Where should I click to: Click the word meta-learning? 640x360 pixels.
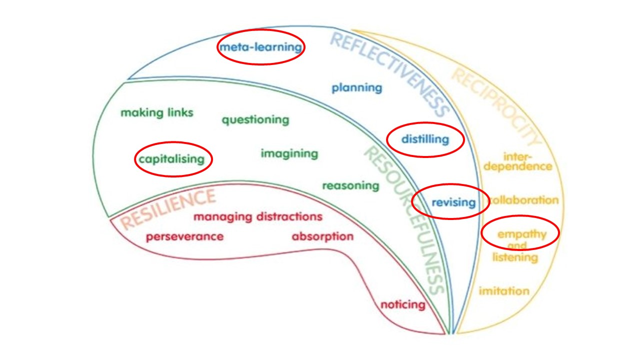tap(260, 47)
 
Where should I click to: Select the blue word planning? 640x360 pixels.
tap(356, 88)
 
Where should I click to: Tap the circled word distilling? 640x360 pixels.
tap(425, 139)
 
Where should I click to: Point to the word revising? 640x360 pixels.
tap(453, 202)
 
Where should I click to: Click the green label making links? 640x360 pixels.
tap(156, 113)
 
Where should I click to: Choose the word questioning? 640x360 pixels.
tap(255, 120)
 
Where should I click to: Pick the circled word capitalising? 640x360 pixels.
tap(171, 159)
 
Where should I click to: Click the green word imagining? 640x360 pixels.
tap(289, 153)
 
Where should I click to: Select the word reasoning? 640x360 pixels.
tap(350, 186)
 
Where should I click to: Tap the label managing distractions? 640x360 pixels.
tap(258, 217)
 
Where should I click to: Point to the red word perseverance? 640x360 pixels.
tap(184, 236)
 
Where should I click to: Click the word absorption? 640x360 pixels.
tap(322, 236)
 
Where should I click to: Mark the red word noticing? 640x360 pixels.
tap(402, 304)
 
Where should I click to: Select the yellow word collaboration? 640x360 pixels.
tap(523, 200)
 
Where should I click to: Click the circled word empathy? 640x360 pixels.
tap(521, 234)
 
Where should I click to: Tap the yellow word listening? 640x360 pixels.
tap(515, 257)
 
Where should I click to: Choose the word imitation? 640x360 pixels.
tap(503, 291)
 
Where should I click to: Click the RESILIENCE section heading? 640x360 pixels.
tap(168, 209)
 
